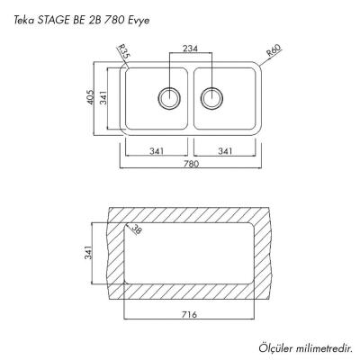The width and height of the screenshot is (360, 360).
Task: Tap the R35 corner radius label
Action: point(125,56)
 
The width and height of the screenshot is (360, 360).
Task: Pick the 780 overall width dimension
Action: point(190,165)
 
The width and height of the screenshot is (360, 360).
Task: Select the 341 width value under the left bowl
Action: point(155,150)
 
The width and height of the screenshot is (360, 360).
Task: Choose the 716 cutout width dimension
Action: point(190,314)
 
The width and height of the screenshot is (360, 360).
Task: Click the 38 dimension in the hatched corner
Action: point(136,230)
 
